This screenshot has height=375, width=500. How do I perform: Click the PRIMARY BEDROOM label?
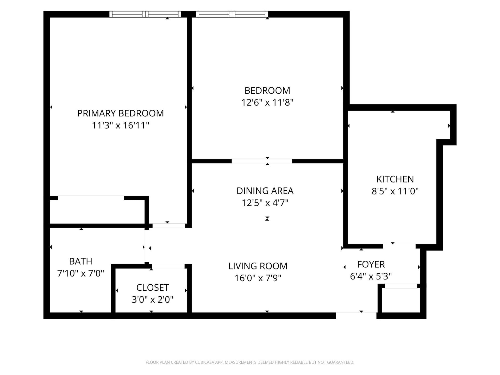pos(120,113)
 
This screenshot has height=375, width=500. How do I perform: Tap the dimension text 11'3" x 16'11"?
pos(120,125)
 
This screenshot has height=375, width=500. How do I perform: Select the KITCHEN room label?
pos(395,179)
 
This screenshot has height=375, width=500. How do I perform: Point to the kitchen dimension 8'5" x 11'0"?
pos(395,191)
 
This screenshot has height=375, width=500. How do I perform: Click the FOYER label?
pos(371,264)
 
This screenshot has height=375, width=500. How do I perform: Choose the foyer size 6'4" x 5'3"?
pos(371,276)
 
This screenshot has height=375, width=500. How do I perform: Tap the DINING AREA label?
pos(265,191)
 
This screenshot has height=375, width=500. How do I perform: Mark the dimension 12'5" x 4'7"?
pos(265,203)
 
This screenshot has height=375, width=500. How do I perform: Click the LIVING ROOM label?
pos(258,266)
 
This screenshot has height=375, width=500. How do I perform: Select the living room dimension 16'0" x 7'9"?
pos(258,278)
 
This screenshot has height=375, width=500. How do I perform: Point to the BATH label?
pos(80,261)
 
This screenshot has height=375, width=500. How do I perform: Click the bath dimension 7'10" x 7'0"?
pos(80,273)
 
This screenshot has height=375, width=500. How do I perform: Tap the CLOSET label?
pos(153,287)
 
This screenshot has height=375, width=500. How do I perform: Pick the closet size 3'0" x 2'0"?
pos(153,299)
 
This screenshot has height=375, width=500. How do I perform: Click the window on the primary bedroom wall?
pos(145,14)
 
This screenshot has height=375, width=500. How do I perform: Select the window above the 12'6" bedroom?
pos(232,14)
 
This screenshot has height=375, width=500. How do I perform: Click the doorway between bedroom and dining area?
pos(262,161)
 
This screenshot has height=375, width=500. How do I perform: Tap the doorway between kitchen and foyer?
pos(399,246)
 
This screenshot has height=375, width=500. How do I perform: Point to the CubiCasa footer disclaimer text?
pos(250,362)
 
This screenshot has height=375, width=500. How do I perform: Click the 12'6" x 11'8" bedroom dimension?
pos(267,103)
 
